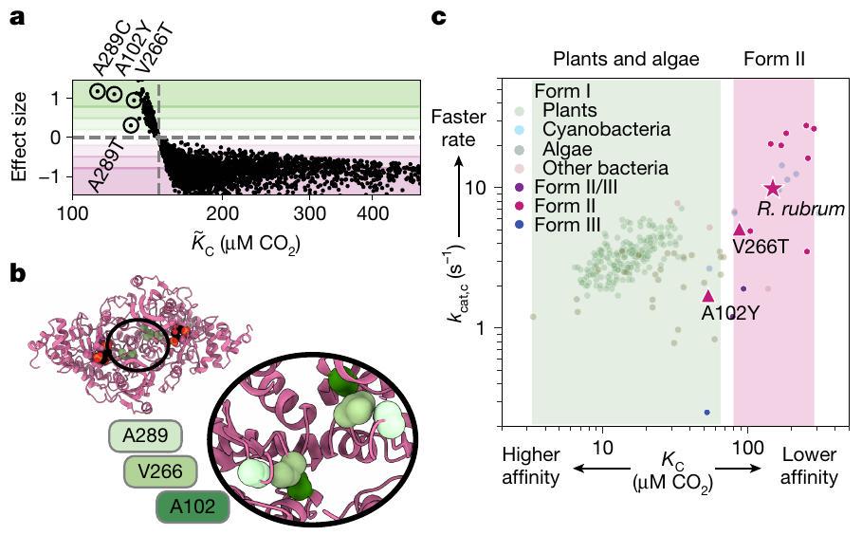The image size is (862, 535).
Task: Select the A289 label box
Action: [143, 437]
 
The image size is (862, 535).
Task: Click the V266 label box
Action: [160, 471]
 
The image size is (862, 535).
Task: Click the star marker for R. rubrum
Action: [773, 188]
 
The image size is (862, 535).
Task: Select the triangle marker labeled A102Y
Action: [707, 295]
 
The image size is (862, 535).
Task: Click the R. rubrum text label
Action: [800, 207]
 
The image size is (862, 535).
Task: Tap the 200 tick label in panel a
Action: [222, 214]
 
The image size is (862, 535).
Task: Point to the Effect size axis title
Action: [18, 136]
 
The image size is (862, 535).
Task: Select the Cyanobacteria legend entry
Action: [607, 129]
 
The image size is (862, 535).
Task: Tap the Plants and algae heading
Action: [626, 59]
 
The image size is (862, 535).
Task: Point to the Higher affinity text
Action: [531, 467]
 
